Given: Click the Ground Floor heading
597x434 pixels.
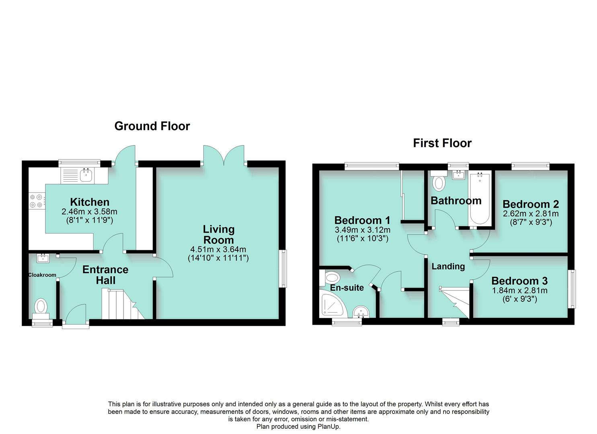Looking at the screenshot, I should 152,126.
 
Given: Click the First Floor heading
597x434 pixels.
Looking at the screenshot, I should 442,143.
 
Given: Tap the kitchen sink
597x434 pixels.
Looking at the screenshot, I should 86,175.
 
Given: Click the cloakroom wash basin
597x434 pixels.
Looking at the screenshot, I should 43,258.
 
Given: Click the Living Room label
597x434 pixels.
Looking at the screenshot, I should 218,235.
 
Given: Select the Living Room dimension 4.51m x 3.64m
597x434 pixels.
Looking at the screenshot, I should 218,250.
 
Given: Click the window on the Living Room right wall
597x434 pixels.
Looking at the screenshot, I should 283,268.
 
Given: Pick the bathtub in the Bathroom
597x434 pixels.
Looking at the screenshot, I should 479,198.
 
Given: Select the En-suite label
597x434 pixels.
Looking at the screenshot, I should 347,288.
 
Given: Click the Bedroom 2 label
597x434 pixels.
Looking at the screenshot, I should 530,204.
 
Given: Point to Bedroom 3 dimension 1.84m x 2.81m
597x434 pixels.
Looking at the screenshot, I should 519,291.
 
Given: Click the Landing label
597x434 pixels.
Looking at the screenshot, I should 448,266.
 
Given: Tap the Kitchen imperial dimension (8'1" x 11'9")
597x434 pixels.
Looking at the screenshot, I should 89,220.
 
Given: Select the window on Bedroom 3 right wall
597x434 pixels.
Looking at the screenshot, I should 571,289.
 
